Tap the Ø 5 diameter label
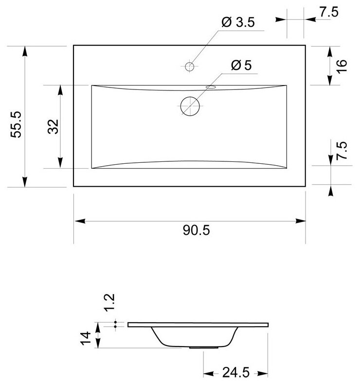[241, 66]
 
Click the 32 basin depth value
[53, 126]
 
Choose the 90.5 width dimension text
[197, 230]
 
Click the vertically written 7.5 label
[342, 152]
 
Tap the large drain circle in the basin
[190, 106]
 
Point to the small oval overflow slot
[212, 87]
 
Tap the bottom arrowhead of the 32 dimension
[60, 165]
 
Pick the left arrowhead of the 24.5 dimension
[205, 373]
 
